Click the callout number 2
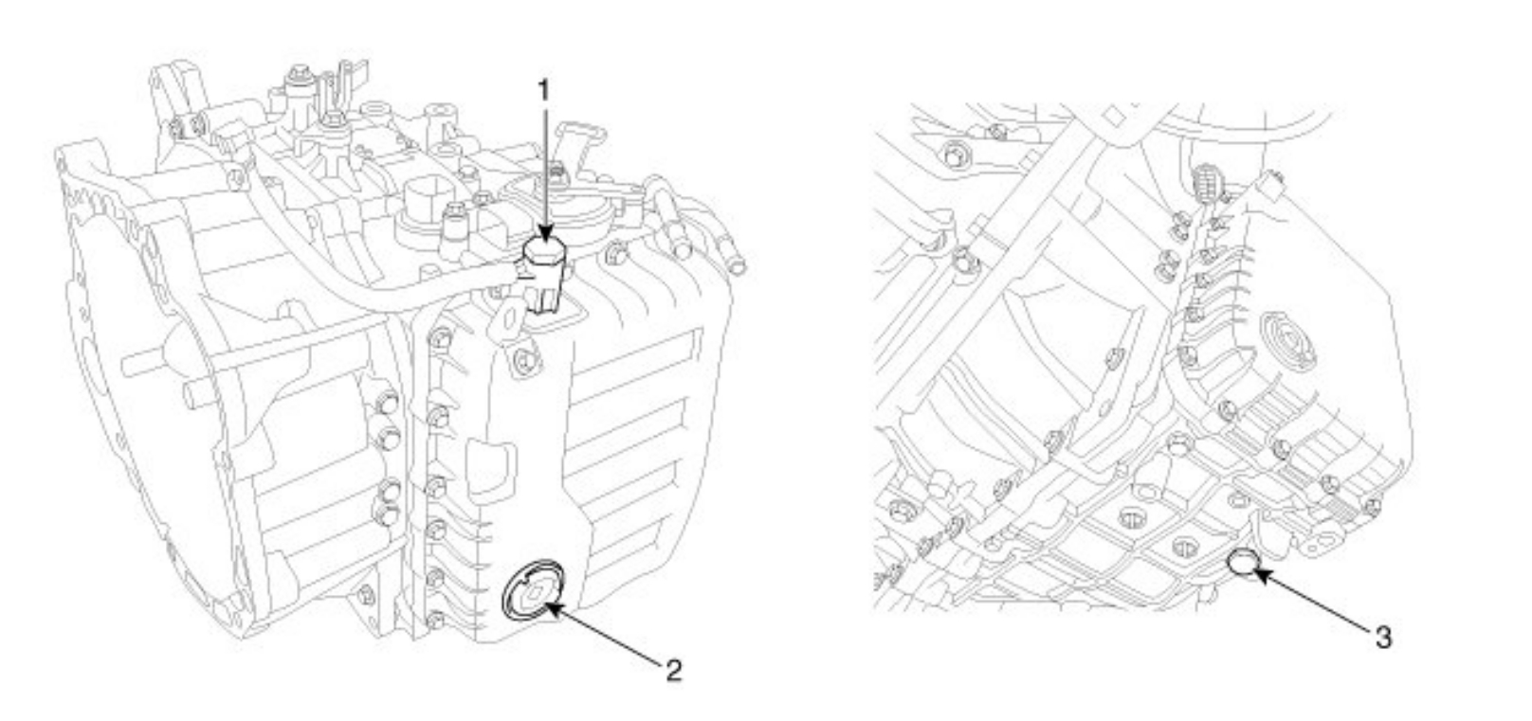672,671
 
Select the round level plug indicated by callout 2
533,592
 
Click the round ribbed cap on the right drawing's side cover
1286,342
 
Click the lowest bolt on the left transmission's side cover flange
435,621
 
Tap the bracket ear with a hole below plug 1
508,318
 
